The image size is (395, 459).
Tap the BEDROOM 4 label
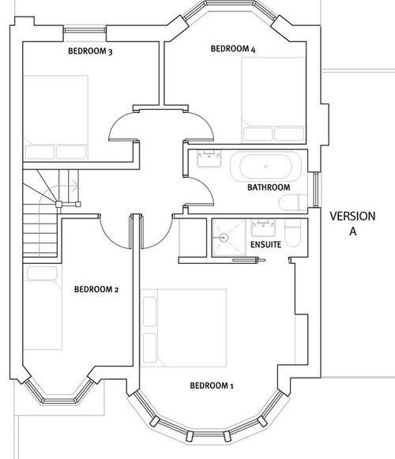point(234,49)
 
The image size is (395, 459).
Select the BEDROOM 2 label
point(96,290)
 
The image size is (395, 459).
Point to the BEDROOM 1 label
point(212,386)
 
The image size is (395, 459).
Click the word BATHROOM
point(269,188)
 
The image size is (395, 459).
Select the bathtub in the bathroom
point(266,167)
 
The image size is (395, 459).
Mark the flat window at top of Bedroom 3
point(85,32)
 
